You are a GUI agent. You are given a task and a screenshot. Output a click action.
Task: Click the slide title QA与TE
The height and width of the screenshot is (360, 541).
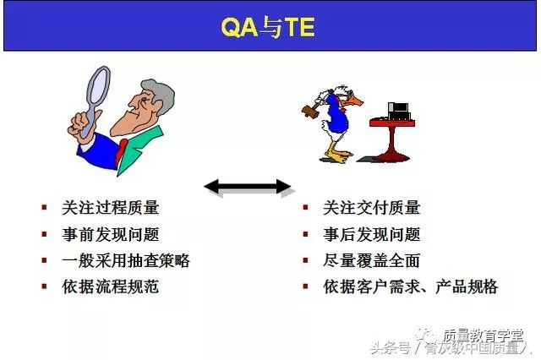click(268, 27)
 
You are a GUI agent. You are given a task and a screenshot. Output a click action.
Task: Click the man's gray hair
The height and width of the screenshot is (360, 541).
click(158, 95)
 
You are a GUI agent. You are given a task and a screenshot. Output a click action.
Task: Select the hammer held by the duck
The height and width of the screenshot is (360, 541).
click(312, 109)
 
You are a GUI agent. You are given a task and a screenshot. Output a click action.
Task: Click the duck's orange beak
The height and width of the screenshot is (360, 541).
click(354, 101)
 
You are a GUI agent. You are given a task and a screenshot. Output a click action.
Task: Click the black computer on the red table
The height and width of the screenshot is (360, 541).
click(398, 111)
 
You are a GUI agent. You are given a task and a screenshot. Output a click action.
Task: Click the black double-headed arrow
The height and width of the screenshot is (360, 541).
click(248, 187)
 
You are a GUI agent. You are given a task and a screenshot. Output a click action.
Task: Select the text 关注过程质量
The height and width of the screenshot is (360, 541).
click(111, 208)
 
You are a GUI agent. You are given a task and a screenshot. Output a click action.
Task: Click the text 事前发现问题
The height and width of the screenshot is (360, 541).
click(111, 234)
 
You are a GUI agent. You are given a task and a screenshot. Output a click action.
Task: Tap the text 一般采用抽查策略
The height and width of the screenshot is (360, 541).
click(126, 260)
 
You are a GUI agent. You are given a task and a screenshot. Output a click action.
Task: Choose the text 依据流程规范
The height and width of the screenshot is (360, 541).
click(111, 286)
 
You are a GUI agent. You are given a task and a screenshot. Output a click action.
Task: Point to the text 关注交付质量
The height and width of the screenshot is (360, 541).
click(372, 208)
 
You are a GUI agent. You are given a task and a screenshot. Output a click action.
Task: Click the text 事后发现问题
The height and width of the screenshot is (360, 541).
click(372, 234)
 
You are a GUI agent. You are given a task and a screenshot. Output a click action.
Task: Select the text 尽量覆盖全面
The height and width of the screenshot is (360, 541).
click(372, 260)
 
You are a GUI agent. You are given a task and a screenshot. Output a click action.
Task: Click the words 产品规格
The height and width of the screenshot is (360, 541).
click(467, 286)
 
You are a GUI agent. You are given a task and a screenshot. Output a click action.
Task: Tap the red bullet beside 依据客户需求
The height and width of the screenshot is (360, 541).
click(305, 286)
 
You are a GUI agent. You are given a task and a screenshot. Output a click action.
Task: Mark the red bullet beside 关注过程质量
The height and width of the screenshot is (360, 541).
click(44, 207)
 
